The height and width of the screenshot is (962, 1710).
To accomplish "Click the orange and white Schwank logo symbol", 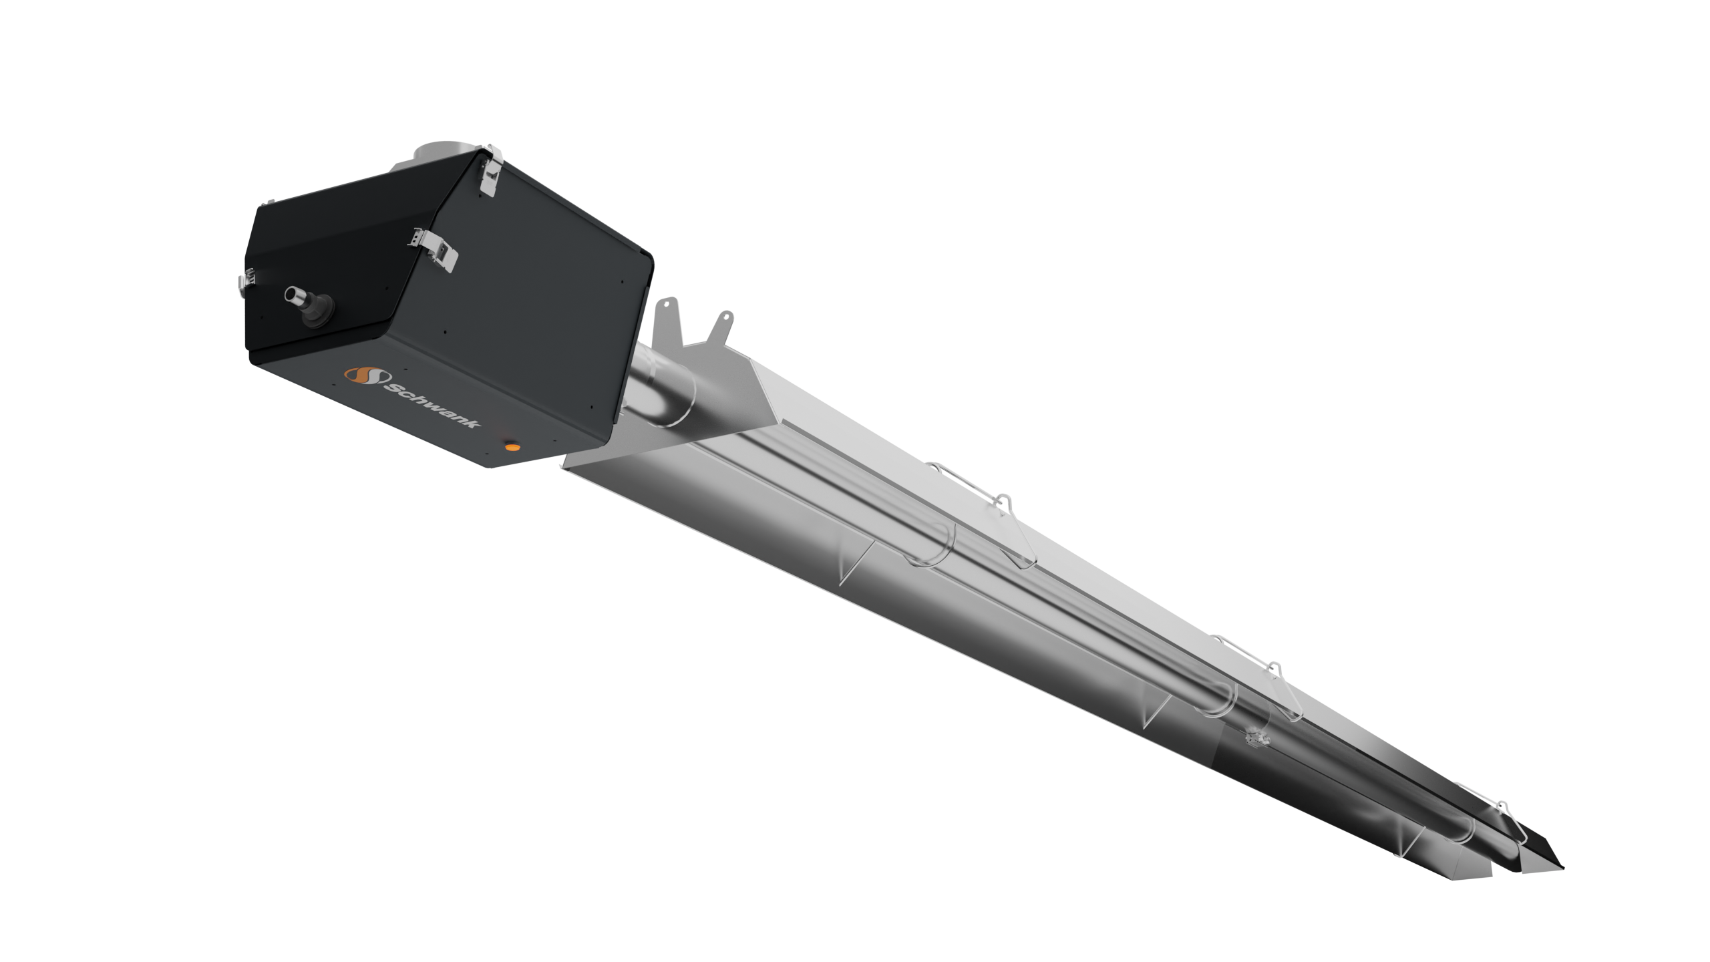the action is (x=361, y=377).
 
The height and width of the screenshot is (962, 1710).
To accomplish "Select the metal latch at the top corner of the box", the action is (x=491, y=167).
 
